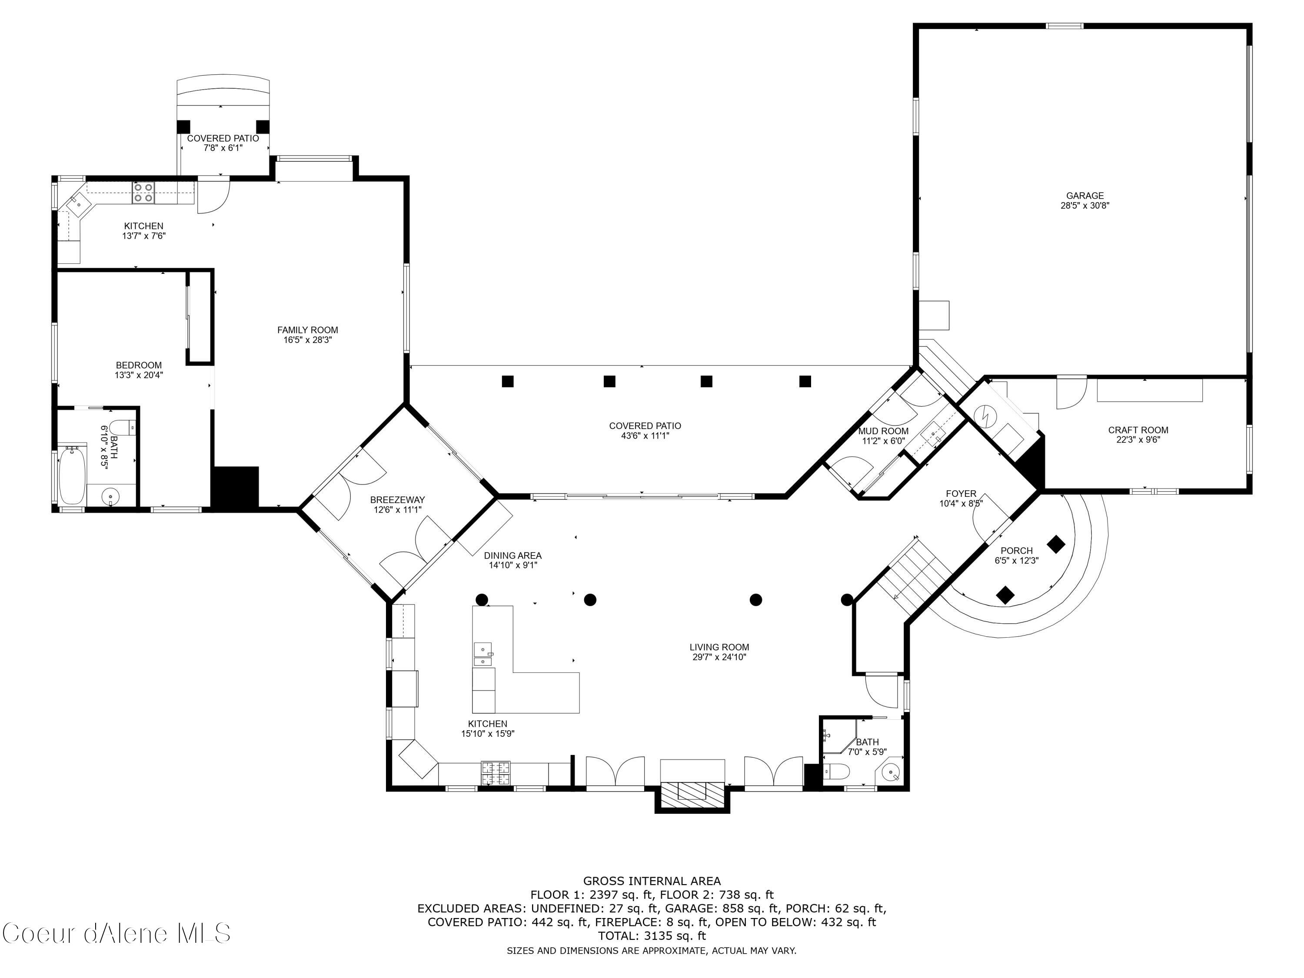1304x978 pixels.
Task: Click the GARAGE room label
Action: pyautogui.click(x=1084, y=196)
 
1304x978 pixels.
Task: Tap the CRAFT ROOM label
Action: pyautogui.click(x=1138, y=430)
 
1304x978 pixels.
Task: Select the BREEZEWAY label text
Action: pyautogui.click(x=397, y=500)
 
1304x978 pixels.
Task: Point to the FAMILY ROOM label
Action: pyautogui.click(x=308, y=330)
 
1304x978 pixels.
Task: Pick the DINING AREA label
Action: pyautogui.click(x=513, y=556)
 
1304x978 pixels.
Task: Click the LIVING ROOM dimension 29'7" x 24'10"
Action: pyautogui.click(x=719, y=657)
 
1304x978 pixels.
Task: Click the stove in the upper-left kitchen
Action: pyautogui.click(x=144, y=192)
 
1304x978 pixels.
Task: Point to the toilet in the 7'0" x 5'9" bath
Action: pyautogui.click(x=837, y=771)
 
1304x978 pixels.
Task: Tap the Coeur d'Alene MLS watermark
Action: pyautogui.click(x=116, y=933)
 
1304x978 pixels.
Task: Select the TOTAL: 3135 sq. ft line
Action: pyautogui.click(x=652, y=935)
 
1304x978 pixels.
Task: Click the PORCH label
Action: pyautogui.click(x=1016, y=551)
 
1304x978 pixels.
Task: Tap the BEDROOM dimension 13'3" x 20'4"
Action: pyautogui.click(x=139, y=375)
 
